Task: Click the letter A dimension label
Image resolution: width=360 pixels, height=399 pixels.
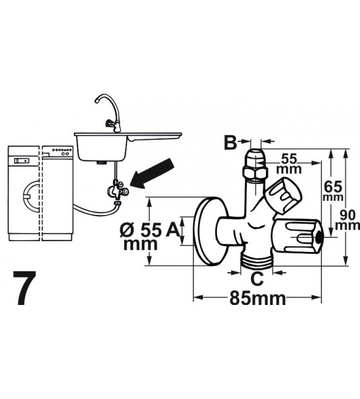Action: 172,230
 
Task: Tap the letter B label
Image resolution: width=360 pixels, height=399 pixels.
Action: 230,142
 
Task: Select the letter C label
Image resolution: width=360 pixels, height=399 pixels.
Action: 257,277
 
